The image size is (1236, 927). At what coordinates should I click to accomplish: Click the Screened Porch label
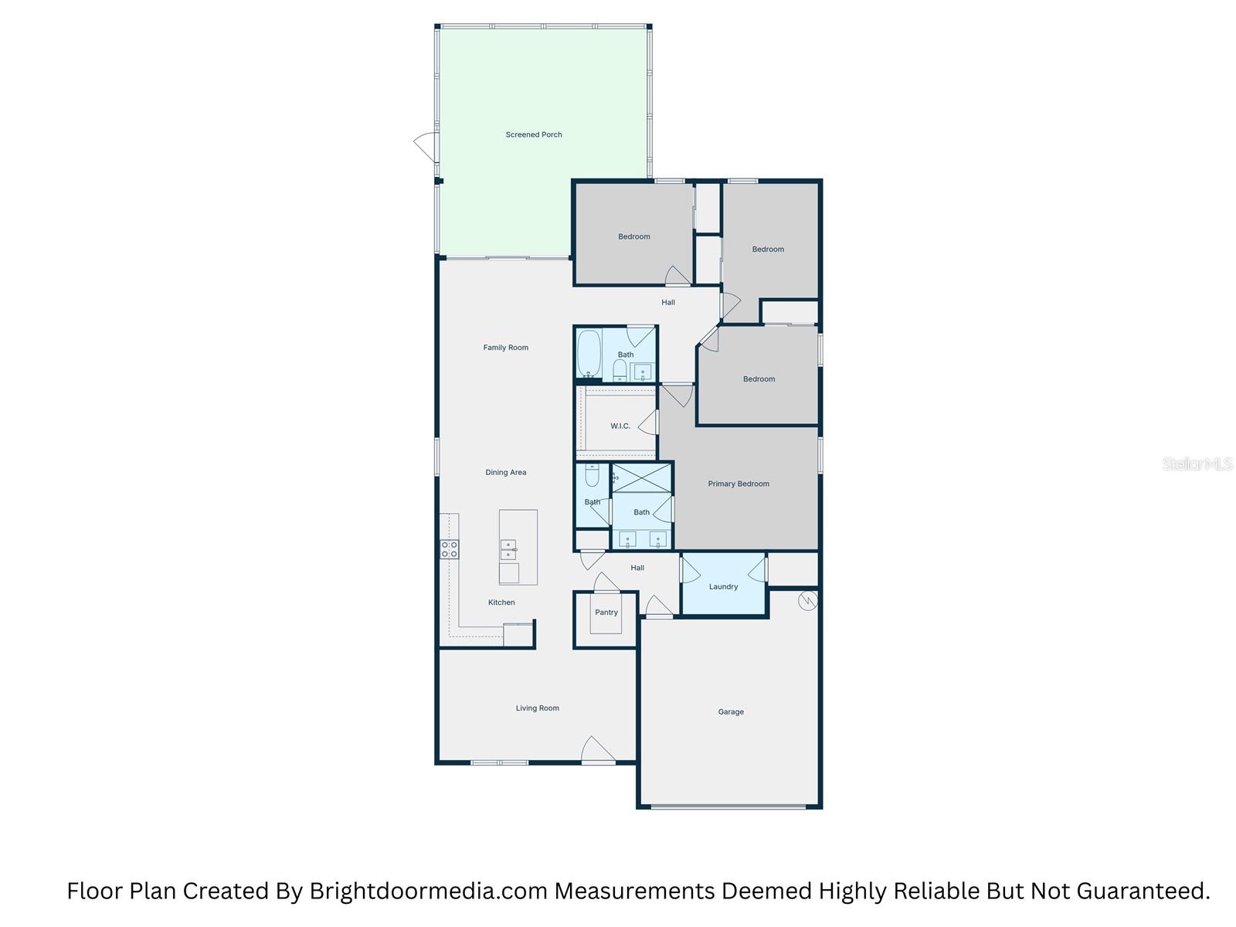click(534, 134)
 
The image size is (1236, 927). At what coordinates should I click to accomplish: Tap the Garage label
click(731, 711)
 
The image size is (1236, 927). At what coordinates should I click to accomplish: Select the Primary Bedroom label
click(739, 484)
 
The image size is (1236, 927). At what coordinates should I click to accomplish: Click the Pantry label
click(606, 613)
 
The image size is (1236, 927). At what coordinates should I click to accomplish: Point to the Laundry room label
click(723, 586)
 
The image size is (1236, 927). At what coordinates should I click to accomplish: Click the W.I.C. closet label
click(620, 426)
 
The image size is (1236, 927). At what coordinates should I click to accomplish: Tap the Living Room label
click(538, 708)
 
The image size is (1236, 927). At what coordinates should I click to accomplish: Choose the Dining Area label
click(506, 472)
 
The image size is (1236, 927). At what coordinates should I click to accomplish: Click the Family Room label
click(506, 348)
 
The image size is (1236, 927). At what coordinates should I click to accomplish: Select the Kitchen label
click(501, 603)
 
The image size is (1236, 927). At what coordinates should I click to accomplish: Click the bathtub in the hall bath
click(589, 354)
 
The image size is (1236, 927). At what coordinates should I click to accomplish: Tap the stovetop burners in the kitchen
click(449, 549)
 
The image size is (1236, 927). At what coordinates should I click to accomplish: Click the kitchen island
click(518, 547)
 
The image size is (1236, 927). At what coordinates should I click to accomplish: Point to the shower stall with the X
click(642, 477)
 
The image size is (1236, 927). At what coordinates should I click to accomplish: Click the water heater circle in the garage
click(807, 599)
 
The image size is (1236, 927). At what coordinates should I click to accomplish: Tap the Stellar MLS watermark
click(1197, 464)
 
